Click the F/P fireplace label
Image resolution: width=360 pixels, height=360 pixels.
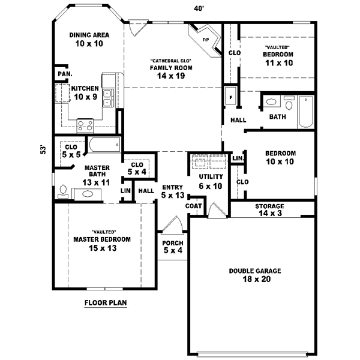tap(206, 40)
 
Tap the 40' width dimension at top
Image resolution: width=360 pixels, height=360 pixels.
tap(199, 8)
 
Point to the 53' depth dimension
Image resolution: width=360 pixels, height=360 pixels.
tap(43, 149)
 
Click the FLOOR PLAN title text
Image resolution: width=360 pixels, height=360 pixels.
tap(106, 303)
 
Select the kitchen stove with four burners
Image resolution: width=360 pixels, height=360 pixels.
tap(85, 125)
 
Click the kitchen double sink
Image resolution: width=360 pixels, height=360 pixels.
tap(108, 98)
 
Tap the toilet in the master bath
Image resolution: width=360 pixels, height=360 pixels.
tap(63, 192)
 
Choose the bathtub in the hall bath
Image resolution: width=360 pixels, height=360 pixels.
tap(306, 112)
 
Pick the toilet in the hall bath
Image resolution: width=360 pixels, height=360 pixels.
tap(289, 103)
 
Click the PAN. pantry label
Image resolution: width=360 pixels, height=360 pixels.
tap(65, 74)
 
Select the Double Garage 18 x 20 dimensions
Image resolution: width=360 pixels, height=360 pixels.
tap(257, 279)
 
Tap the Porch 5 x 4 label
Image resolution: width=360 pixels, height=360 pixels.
tap(173, 247)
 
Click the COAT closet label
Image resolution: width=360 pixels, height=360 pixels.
tap(194, 206)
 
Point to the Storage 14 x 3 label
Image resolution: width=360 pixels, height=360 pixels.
tap(270, 209)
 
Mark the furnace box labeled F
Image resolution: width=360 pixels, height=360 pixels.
tap(231, 96)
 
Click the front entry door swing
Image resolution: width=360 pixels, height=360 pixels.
tap(173, 225)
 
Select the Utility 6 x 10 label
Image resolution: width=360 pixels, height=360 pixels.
tap(211, 181)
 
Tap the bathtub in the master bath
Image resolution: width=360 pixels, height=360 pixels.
tap(104, 145)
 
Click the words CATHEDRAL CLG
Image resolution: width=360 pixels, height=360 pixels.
tap(171, 61)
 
